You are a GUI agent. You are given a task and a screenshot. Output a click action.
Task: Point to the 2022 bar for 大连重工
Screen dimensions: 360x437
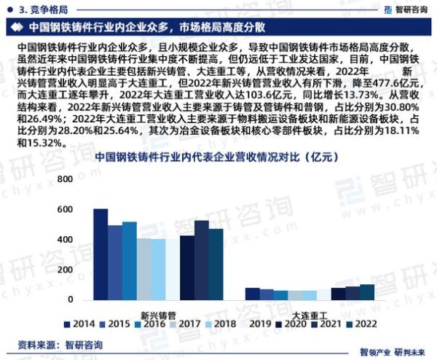coord(367,292)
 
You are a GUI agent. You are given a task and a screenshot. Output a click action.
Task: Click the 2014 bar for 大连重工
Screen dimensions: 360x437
coord(253,294)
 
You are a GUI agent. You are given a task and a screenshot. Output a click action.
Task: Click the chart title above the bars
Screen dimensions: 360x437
coord(219,156)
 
